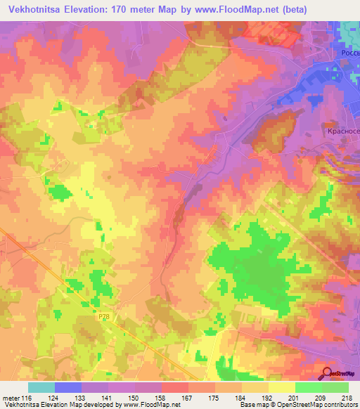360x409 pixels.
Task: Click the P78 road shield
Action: coord(103,317)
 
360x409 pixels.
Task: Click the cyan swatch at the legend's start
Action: coord(41,387)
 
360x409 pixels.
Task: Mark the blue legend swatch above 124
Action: coord(68,387)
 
